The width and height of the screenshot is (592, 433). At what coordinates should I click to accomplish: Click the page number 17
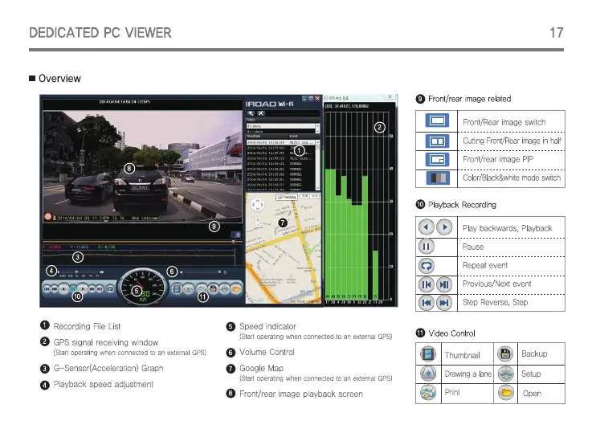556,33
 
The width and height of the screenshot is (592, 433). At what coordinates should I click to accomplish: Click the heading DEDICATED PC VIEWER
100,33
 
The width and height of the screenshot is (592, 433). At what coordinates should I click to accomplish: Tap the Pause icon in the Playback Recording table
427,247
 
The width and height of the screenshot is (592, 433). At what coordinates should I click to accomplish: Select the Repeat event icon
427,265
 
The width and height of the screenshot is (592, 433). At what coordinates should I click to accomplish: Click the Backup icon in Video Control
505,354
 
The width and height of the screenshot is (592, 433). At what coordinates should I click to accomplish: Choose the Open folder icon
505,393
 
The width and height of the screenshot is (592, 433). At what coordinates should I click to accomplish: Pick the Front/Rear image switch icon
437,122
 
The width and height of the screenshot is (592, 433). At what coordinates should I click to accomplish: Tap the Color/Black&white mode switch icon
437,178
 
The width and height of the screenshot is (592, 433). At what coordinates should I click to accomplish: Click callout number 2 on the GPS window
379,127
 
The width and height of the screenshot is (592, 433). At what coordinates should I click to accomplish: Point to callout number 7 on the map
283,221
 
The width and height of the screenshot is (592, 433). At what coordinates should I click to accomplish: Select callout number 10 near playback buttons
77,296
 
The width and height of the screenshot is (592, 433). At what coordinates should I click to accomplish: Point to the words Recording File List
87,327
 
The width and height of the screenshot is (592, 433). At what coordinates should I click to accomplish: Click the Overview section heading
59,79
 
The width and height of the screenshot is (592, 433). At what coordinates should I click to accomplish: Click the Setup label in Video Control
531,374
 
